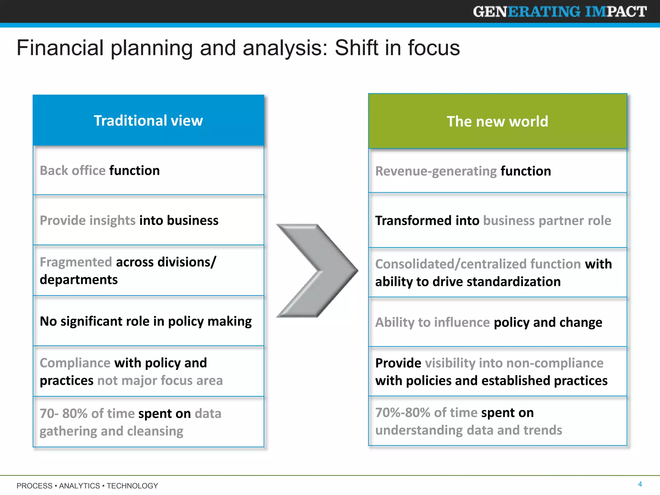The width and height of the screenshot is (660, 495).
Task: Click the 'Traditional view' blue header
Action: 148,121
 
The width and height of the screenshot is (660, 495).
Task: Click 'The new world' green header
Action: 497,121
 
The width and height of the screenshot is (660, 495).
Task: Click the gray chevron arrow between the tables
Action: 317,270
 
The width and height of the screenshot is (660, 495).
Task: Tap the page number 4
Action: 640,484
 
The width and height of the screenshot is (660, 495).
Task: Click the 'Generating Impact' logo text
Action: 560,12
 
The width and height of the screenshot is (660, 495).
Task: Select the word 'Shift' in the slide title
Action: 356,48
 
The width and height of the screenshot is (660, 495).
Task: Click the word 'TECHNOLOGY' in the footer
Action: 132,486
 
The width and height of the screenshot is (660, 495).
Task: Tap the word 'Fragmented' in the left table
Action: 76,262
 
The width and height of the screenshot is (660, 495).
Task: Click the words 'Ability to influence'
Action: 432,322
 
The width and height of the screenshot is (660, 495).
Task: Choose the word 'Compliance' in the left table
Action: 75,363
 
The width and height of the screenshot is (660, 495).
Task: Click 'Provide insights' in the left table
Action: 87,220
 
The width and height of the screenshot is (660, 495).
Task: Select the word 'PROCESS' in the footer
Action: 34,486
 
